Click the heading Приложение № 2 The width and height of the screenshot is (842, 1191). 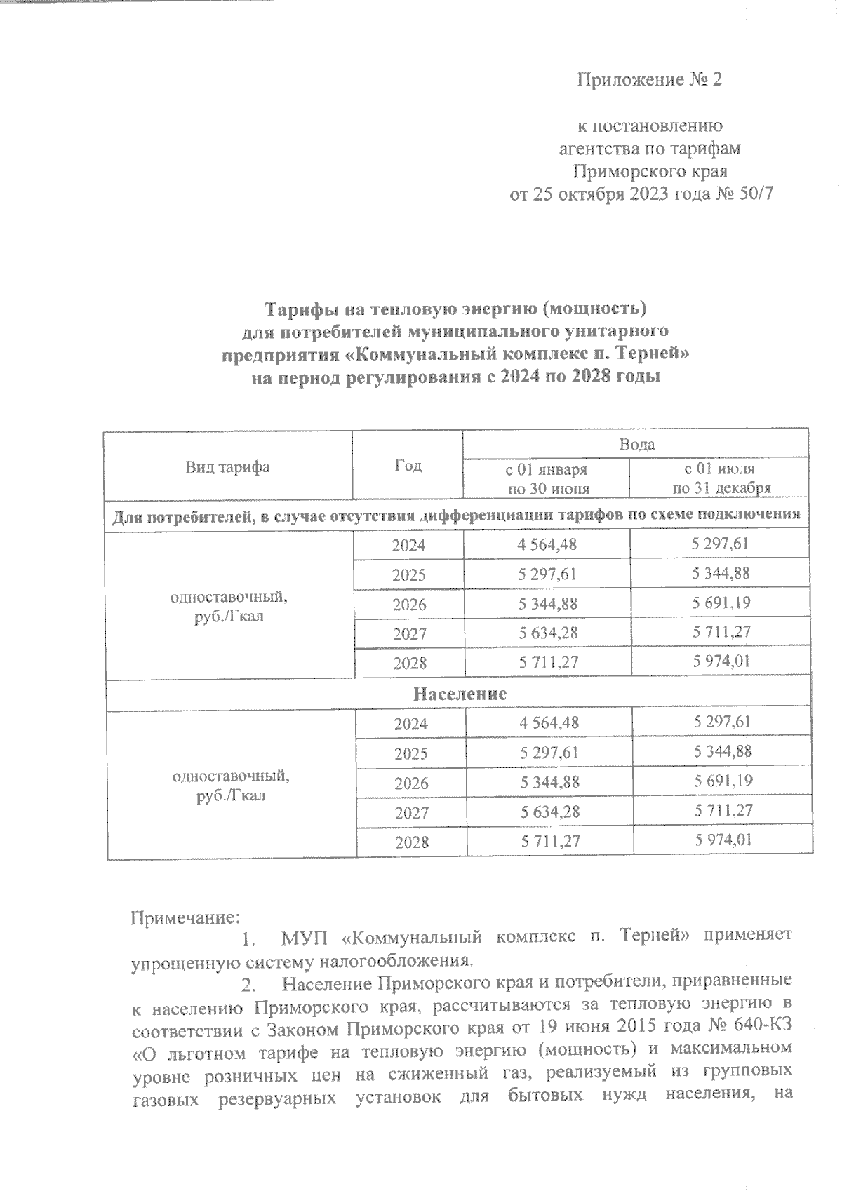coord(648,80)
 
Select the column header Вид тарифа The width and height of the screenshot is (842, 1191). coord(227,467)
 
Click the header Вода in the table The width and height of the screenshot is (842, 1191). coord(636,444)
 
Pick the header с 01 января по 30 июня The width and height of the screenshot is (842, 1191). coord(547,478)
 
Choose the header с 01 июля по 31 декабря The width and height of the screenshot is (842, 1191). coord(721,478)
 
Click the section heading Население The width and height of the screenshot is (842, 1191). coord(459,694)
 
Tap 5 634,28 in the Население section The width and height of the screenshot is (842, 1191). coord(550,812)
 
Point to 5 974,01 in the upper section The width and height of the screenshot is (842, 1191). coord(721,661)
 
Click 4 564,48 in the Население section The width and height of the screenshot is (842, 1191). coord(549,722)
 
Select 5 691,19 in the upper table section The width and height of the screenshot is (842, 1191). coord(721,603)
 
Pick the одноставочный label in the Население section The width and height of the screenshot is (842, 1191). coord(231,777)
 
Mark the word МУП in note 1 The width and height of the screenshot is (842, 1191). coord(303,937)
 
